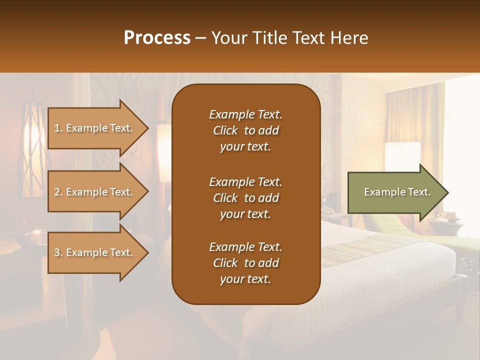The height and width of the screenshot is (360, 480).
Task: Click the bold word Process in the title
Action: point(157,38)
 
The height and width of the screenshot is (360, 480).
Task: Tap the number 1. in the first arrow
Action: point(58,128)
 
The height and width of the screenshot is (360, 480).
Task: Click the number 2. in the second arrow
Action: point(58,192)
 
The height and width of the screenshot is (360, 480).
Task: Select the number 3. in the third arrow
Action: point(58,252)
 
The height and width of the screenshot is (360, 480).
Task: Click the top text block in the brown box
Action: point(245,130)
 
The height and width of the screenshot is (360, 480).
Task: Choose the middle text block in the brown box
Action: point(245,197)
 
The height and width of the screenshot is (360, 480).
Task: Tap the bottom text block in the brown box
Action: point(245,263)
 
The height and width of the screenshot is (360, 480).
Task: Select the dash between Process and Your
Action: point(200,38)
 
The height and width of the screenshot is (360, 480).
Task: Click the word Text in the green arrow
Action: point(419,192)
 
